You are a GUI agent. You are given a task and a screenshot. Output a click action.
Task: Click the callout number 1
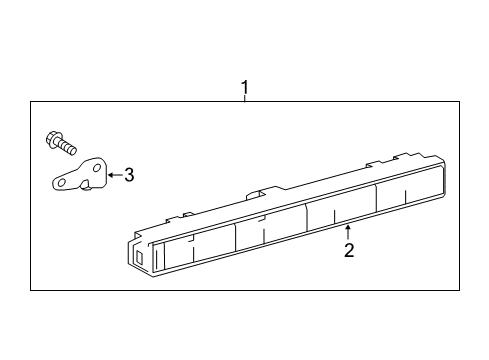pyautogui.click(x=244, y=91)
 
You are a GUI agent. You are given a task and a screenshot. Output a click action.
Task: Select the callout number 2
pyautogui.click(x=348, y=250)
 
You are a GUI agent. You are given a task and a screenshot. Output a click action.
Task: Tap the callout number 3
pyautogui.click(x=128, y=175)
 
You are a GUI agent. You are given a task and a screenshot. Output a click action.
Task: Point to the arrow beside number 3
pyautogui.click(x=113, y=175)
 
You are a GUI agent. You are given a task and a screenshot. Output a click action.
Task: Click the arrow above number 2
pyautogui.click(x=348, y=232)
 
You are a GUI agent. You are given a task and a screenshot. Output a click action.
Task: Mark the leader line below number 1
pyautogui.click(x=244, y=101)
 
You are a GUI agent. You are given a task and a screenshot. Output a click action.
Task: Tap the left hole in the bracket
pyautogui.click(x=62, y=184)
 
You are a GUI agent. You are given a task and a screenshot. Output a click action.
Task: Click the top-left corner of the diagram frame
pyautogui.click(x=31, y=102)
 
